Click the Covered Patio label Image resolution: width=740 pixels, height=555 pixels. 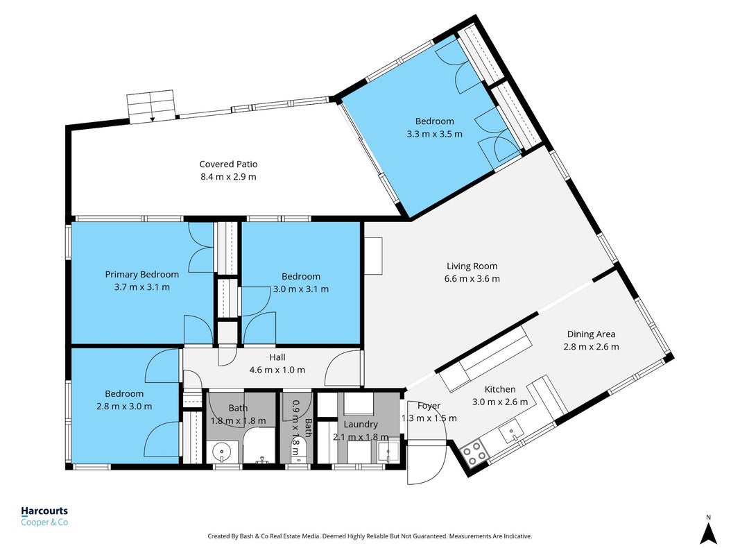pos(228,164)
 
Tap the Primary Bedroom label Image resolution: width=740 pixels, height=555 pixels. pos(141,274)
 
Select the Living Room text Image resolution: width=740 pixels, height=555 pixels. pos(472,266)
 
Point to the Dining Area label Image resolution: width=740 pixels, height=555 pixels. pos(591,334)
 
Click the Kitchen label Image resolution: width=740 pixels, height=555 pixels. pos(500,389)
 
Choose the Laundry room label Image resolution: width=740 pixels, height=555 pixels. pos(361,425)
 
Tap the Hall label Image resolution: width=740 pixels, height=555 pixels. pos(277,357)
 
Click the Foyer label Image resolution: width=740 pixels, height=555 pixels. pos(429,406)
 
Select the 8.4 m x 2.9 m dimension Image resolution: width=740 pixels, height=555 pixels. pos(228,177)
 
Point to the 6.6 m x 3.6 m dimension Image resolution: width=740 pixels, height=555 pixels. pos(472,279)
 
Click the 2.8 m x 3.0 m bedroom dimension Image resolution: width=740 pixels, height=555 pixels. pos(124,407)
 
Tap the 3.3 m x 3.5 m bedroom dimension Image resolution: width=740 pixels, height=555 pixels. pos(435,134)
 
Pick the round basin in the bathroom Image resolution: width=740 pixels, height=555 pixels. pos(222,453)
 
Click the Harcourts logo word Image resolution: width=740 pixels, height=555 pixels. pos(44,511)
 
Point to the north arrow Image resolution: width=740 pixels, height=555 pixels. pos(708,533)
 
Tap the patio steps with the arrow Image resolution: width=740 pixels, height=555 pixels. pos(151,107)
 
